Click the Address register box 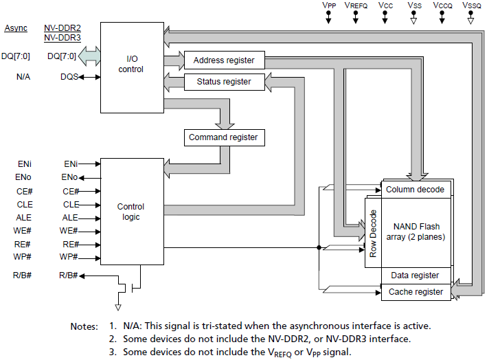point(224,60)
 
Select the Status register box point(224,82)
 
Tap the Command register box point(223,137)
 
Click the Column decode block point(415,190)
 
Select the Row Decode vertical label point(373,233)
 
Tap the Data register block point(415,275)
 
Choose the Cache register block point(416,292)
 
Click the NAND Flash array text point(416,232)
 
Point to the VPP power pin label point(329,5)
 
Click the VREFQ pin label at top point(356,5)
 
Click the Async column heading point(16,28)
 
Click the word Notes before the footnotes point(84,326)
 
